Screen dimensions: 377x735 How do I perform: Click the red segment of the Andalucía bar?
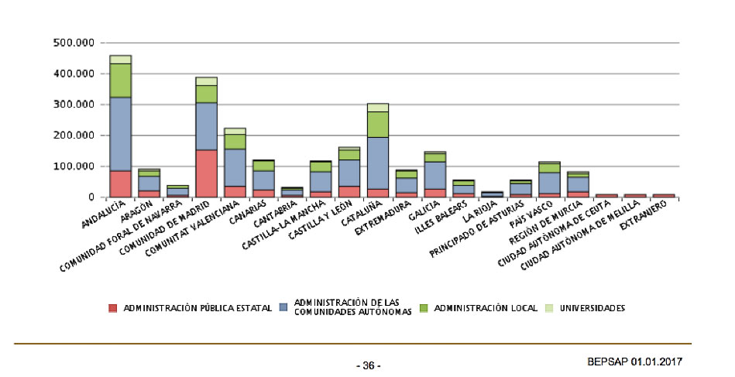point(120,183)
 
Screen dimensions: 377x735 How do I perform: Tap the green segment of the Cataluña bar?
point(378,124)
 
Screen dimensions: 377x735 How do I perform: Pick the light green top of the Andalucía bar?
point(120,59)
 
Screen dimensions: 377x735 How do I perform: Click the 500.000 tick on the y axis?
point(74,43)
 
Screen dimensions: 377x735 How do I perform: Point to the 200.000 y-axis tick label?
point(74,135)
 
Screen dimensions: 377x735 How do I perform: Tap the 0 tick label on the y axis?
point(91,197)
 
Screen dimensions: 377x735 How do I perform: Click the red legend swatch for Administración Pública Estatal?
point(112,308)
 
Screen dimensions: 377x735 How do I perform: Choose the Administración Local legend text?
point(486,308)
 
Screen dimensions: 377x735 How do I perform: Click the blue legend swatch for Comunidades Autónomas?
point(286,308)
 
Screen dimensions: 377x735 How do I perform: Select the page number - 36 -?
point(368,365)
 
